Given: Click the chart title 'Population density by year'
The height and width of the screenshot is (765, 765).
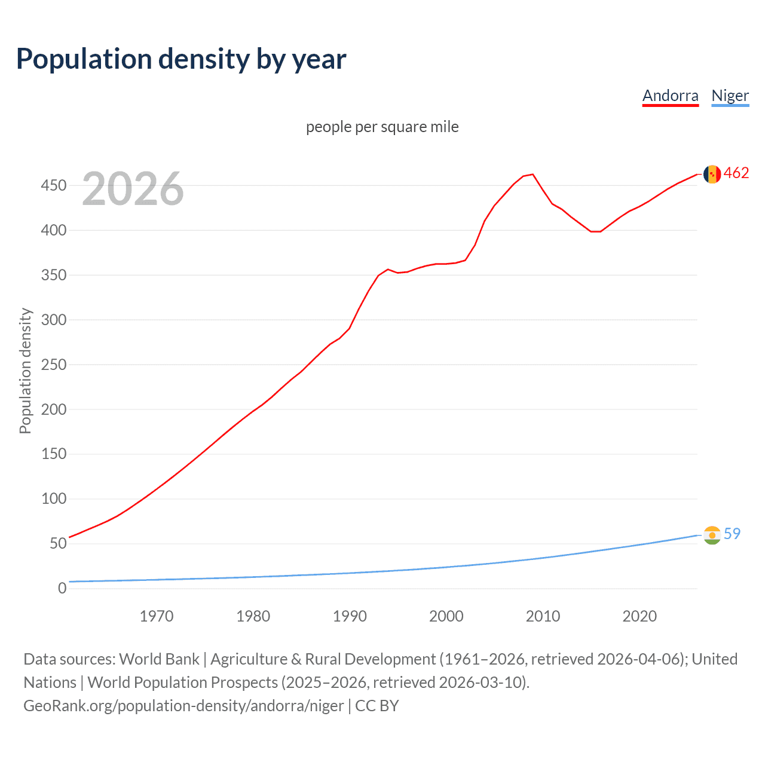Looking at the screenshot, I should tap(181, 59).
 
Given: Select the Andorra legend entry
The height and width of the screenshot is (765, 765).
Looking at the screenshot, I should tap(670, 96).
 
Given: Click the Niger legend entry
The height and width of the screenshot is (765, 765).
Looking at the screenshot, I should tap(730, 96).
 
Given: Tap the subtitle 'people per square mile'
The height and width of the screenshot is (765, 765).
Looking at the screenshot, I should tap(382, 127).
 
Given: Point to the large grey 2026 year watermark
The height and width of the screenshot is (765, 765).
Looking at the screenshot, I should tap(133, 189).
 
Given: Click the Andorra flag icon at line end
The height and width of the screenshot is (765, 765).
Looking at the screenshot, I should tap(712, 174).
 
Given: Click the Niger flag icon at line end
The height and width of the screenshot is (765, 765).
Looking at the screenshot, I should tap(712, 535).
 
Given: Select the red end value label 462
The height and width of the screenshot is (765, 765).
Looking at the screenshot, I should tap(736, 173).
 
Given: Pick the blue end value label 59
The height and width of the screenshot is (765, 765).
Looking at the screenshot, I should tap(732, 534).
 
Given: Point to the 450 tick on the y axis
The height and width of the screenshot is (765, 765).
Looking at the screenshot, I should tap(53, 186).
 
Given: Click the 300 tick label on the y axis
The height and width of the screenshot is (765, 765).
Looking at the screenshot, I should tap(53, 320).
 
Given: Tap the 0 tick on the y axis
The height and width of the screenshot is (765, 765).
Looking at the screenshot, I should tap(62, 588).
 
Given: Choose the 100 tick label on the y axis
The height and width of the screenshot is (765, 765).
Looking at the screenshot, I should tap(53, 498).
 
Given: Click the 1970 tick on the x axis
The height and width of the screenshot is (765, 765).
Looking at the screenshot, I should tap(157, 616).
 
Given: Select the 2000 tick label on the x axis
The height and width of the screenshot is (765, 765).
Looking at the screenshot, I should tap(446, 616).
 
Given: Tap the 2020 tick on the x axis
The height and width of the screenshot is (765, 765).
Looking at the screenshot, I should tap(639, 616).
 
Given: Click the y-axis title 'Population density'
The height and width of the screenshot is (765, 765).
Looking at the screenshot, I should tap(25, 371).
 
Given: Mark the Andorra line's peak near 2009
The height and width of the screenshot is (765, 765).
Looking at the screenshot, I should tap(533, 175).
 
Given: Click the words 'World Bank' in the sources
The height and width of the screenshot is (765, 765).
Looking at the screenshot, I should tap(159, 659).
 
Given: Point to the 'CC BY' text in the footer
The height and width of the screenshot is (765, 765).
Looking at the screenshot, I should tap(377, 706).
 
